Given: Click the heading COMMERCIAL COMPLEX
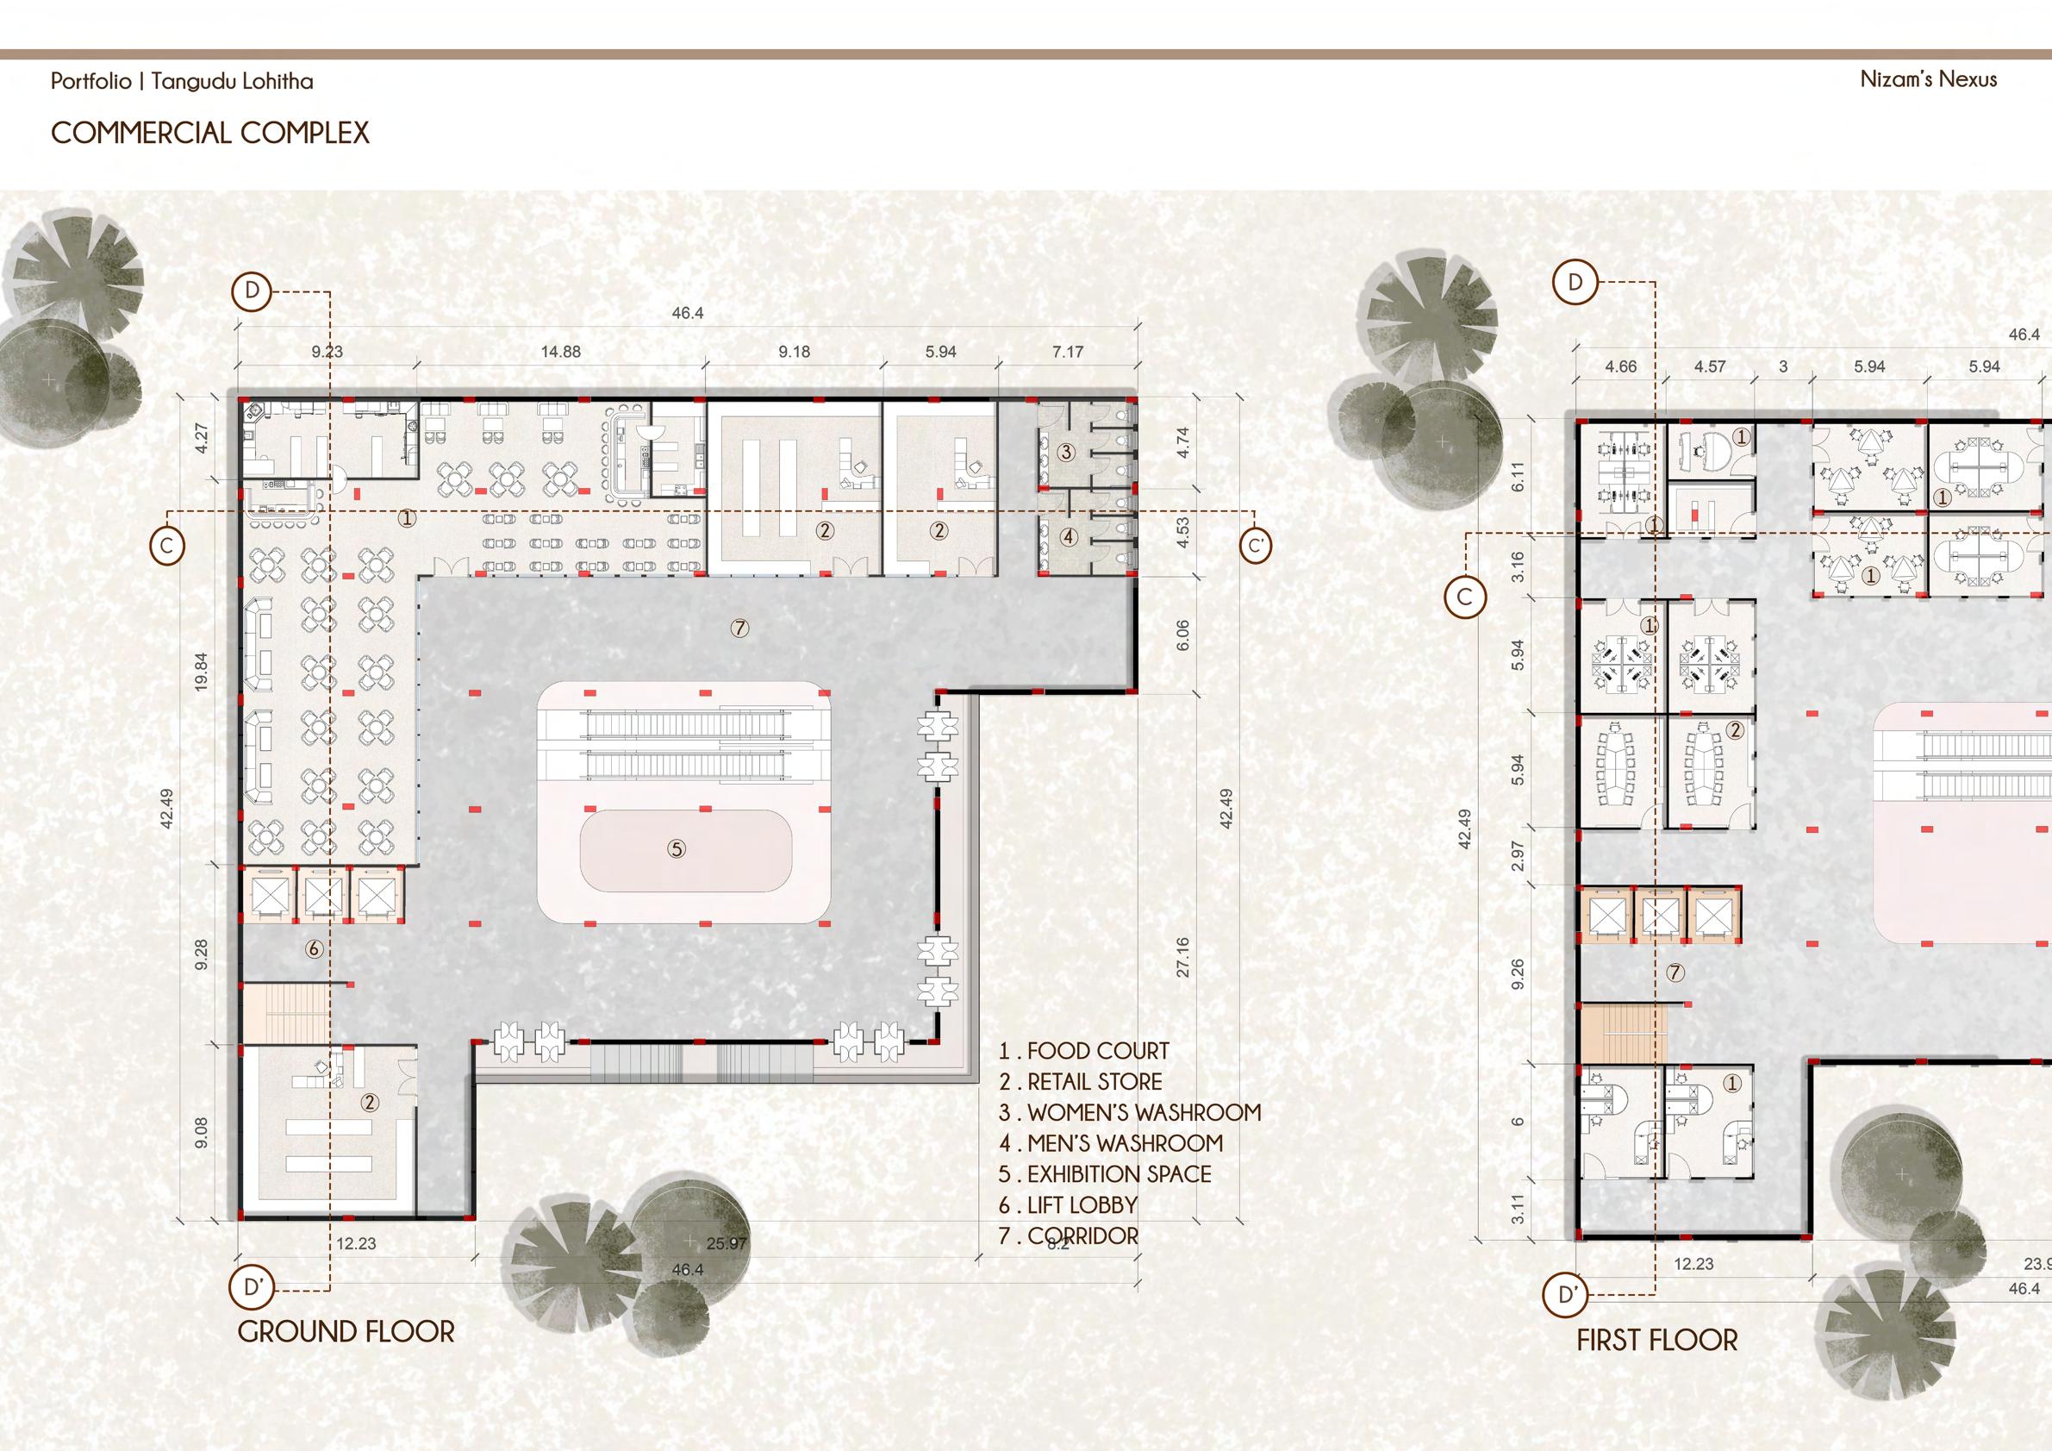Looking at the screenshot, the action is pyautogui.click(x=210, y=134).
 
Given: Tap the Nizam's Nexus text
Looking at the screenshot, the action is pyautogui.click(x=1929, y=79).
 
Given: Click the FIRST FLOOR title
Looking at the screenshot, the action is pyautogui.click(x=1657, y=1365).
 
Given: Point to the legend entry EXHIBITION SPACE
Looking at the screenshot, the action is pyautogui.click(x=1105, y=1174).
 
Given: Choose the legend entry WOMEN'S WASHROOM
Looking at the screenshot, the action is pyautogui.click(x=1130, y=1113).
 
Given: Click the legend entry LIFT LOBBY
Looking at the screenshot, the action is pyautogui.click(x=1068, y=1205).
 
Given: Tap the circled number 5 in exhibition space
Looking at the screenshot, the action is pyautogui.click(x=677, y=848).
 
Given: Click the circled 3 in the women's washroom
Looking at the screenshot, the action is pyautogui.click(x=1065, y=453).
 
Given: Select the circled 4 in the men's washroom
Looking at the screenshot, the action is pyautogui.click(x=1070, y=537).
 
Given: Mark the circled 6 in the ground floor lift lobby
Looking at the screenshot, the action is pyautogui.click(x=314, y=949).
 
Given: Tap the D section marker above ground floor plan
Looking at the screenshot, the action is pyautogui.click(x=253, y=291).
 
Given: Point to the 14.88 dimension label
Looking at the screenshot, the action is pyautogui.click(x=560, y=353).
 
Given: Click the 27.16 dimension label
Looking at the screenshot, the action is pyautogui.click(x=1183, y=957).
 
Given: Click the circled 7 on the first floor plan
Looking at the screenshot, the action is pyautogui.click(x=1675, y=972).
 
